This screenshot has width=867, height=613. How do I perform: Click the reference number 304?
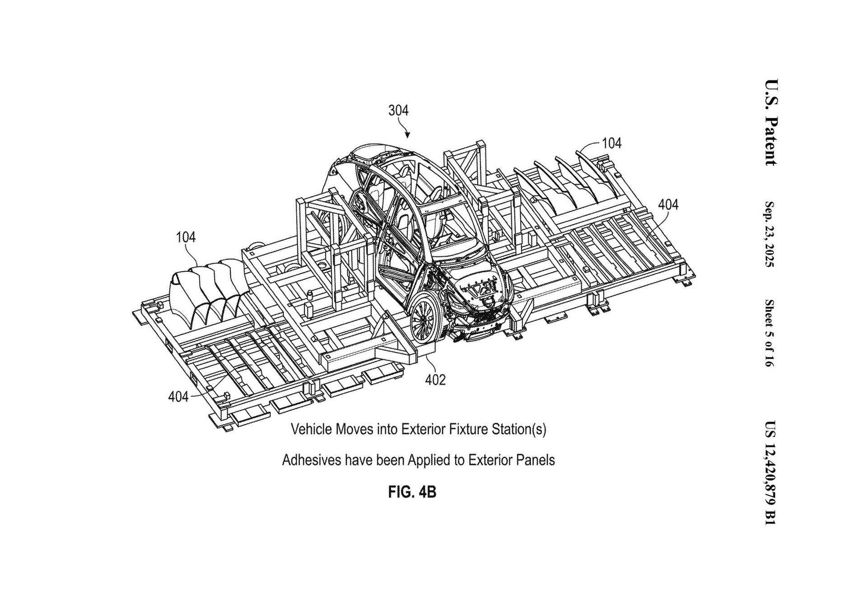pos(398,111)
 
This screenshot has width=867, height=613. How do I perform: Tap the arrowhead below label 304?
pos(407,135)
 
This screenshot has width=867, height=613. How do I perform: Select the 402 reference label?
pos(435,380)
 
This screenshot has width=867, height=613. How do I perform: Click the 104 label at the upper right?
pos(612,144)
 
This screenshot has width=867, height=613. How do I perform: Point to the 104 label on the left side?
pos(186,237)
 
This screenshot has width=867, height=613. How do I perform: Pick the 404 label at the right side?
pos(668,205)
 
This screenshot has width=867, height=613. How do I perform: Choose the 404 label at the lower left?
pos(178,397)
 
